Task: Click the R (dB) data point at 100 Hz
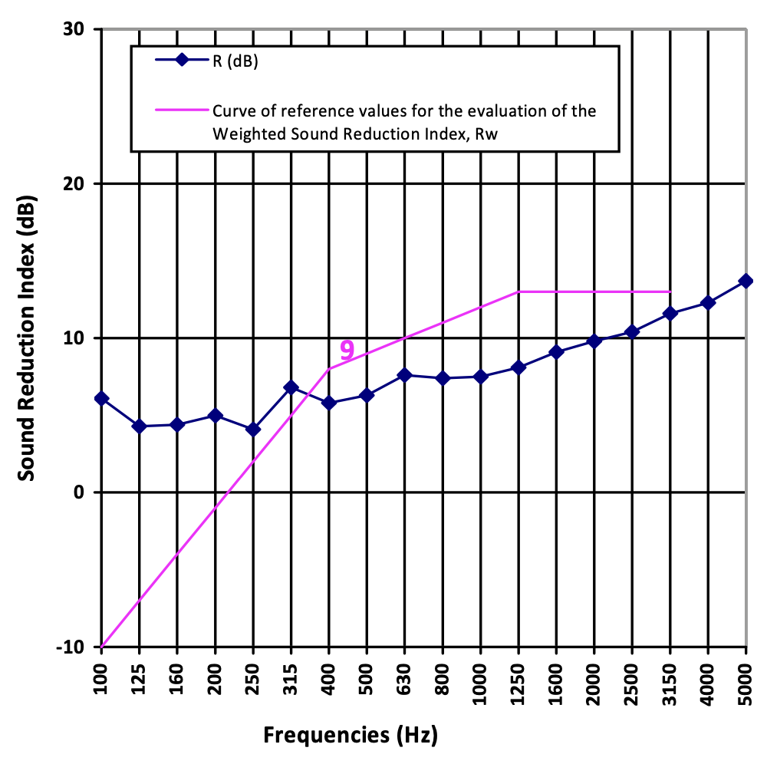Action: tap(101, 398)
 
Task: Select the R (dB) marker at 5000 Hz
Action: tap(746, 282)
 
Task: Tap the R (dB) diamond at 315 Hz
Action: tap(291, 387)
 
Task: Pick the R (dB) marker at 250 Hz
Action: tap(253, 430)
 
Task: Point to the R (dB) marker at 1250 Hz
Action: tap(518, 367)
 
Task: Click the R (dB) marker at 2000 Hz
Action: tap(594, 341)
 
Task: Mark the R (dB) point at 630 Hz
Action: tap(405, 375)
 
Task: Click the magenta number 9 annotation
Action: tap(347, 351)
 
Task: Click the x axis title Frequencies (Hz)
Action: tap(351, 736)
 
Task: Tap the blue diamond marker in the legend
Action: tap(181, 61)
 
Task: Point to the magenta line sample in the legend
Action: tap(181, 110)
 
